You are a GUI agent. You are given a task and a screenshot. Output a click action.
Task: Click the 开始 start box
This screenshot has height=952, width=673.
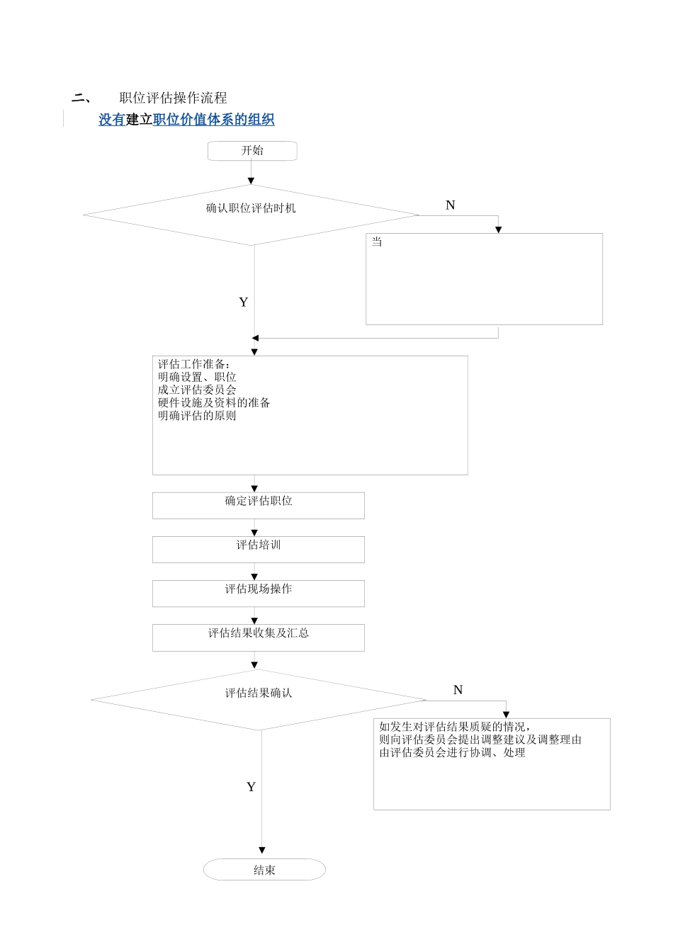[251, 151]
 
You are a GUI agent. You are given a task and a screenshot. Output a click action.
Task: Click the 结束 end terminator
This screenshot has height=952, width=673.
[264, 870]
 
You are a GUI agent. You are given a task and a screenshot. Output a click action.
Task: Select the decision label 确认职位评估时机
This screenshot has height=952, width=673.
[251, 208]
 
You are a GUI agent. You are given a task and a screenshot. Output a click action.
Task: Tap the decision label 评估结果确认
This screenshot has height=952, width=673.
[259, 693]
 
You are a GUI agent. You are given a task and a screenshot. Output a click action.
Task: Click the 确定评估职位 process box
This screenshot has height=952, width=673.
[259, 505]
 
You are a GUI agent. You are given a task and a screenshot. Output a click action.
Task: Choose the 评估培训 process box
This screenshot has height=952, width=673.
[259, 549]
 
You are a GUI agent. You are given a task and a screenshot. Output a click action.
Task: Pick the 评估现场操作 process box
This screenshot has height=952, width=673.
[259, 593]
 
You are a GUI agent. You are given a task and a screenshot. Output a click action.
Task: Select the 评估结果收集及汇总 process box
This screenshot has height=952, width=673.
[259, 637]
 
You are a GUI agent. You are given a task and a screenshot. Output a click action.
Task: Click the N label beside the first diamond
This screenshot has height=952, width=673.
[450, 205]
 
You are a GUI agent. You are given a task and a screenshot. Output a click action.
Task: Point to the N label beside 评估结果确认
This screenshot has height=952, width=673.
[458, 690]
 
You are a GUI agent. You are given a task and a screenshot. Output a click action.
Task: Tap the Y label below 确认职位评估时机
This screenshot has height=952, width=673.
[244, 302]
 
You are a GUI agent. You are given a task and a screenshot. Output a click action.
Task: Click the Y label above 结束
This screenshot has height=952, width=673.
[251, 787]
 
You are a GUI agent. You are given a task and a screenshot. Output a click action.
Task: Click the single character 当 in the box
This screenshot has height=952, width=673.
[377, 242]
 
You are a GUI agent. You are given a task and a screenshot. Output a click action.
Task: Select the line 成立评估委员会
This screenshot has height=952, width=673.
[197, 390]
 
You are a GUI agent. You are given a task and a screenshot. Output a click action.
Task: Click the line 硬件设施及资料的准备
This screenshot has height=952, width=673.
[214, 402]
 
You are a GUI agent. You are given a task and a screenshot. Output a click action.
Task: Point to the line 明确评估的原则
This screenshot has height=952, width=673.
[197, 415]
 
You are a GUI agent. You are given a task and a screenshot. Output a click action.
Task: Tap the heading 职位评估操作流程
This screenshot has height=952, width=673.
[173, 98]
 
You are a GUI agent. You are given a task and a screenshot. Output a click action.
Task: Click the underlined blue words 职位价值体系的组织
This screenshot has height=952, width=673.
[213, 120]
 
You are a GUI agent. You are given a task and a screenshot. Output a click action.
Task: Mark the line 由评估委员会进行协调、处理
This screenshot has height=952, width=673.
[452, 752]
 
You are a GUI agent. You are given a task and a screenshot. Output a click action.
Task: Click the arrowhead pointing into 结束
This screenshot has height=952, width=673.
[262, 850]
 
